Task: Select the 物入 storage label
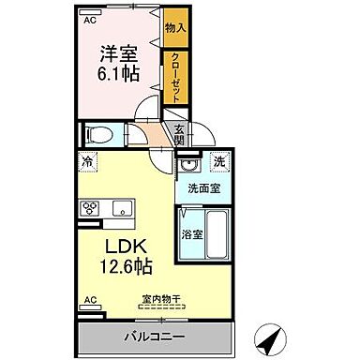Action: pyautogui.click(x=175, y=29)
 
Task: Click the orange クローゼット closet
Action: pyautogui.click(x=174, y=77)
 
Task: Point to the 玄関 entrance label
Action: pyautogui.click(x=179, y=135)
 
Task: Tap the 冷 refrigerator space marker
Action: pyautogui.click(x=87, y=162)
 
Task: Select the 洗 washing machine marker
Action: pyautogui.click(x=217, y=162)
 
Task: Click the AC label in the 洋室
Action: pyautogui.click(x=90, y=19)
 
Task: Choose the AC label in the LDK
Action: pyautogui.click(x=90, y=300)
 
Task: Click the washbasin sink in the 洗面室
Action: pyautogui.click(x=188, y=167)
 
